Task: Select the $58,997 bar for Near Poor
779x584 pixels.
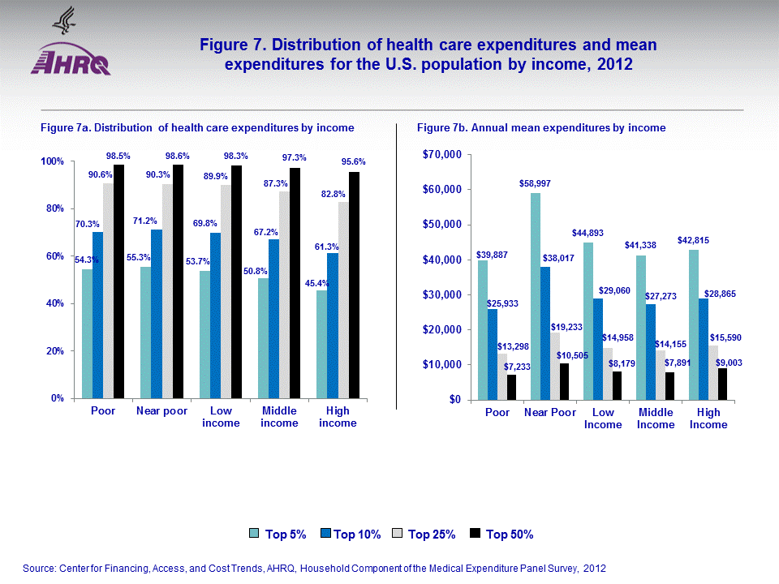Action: coord(536,296)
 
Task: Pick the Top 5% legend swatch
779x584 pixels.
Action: coord(253,534)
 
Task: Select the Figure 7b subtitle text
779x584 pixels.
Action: coord(541,128)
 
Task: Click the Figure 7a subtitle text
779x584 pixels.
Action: coord(197,128)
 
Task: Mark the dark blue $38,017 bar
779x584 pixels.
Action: coord(546,333)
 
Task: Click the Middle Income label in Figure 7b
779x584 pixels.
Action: coord(655,419)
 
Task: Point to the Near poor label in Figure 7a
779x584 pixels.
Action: coord(161,411)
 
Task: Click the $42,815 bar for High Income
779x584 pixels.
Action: coord(693,324)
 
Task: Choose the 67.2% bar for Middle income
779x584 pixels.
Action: coord(274,319)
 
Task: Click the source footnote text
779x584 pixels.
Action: coord(314,569)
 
